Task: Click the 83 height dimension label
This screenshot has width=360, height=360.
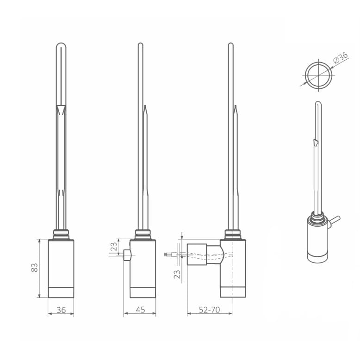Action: click(34, 268)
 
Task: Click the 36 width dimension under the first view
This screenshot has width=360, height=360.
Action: click(61, 310)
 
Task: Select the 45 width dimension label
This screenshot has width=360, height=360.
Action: click(140, 310)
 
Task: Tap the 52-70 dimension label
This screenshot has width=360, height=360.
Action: click(210, 310)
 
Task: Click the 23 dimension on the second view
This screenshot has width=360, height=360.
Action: click(114, 246)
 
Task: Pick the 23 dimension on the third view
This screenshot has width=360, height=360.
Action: click(177, 274)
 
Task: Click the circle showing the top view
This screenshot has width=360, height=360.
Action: click(319, 75)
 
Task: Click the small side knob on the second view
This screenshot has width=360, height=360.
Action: click(127, 255)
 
